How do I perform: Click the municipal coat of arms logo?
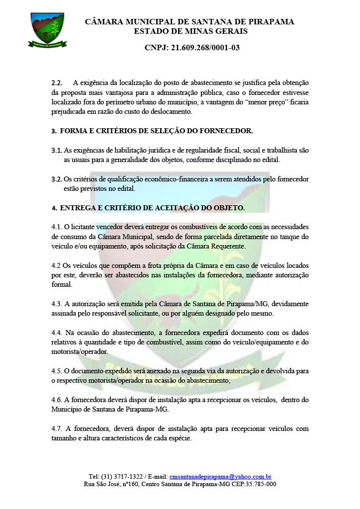click(47, 30)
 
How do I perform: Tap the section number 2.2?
click(57, 83)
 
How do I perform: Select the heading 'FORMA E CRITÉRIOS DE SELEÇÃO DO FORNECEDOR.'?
click(156, 131)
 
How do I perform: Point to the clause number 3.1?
click(56, 150)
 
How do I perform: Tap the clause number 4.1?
click(57, 227)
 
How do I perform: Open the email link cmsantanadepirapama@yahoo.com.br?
click(220, 476)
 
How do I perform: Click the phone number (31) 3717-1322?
click(132, 476)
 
